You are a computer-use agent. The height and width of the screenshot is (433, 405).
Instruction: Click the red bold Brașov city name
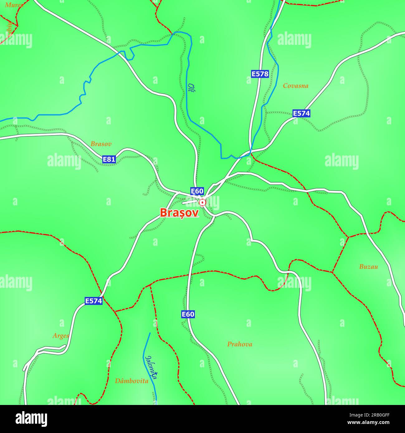coord(179,213)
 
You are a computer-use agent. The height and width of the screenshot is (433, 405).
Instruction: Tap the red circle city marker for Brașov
coord(202,203)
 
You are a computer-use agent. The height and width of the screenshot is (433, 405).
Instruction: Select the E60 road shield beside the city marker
coord(197,191)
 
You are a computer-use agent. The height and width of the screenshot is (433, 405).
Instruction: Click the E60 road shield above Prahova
coord(188,314)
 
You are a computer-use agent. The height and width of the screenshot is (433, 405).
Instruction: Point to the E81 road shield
coord(109,159)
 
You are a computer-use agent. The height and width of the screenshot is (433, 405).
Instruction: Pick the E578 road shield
coord(260,74)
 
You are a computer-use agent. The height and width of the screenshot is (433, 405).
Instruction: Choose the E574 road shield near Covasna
coord(301,113)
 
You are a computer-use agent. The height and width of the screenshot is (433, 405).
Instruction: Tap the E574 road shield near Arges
coord(93,301)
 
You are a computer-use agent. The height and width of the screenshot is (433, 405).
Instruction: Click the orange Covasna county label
coord(295,86)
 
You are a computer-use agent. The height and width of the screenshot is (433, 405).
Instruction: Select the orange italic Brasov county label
coord(101,144)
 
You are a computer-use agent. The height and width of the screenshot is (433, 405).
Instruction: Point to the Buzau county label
coord(368,267)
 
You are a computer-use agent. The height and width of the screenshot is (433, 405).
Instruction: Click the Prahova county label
coord(240,344)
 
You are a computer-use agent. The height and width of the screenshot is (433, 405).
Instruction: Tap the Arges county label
coord(60,336)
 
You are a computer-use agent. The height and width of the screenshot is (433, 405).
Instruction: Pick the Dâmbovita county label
coord(131,381)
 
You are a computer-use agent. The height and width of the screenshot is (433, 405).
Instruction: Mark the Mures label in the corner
coord(14,5)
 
